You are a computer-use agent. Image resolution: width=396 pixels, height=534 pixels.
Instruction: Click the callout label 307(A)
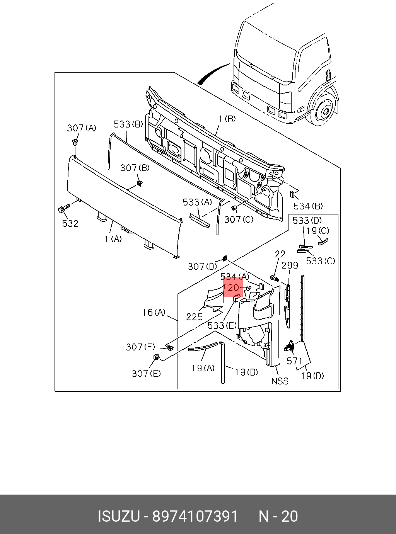pos(82,128)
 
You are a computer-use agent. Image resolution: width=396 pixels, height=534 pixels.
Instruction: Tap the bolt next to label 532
pos(63,209)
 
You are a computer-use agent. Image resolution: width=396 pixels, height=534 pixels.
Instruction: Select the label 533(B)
pos(128,124)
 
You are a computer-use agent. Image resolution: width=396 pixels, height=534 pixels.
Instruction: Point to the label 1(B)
pos(227,119)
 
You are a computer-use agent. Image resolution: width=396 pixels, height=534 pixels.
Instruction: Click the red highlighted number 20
pos(233,288)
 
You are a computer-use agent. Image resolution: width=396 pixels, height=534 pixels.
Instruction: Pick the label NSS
pos(279,381)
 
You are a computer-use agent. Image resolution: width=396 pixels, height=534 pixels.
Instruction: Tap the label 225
pos(195,317)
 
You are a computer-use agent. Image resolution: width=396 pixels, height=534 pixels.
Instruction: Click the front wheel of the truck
pos(324,111)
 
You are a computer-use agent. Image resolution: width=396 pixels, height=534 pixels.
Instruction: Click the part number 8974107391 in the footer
pos(195,516)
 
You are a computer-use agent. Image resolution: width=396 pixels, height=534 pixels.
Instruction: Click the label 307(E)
pos(146,373)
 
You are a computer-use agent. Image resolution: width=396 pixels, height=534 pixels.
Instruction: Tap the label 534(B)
pos(308,206)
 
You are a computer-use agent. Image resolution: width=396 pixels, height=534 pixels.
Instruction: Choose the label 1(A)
pos(113,239)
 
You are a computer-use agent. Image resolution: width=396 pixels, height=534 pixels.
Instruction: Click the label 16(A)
pos(154,312)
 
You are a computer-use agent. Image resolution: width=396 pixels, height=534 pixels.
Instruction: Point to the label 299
pos(290,265)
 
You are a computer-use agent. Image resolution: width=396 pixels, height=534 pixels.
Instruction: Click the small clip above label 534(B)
pos(293,194)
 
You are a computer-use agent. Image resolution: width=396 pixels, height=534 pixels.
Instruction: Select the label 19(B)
pos(247,372)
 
